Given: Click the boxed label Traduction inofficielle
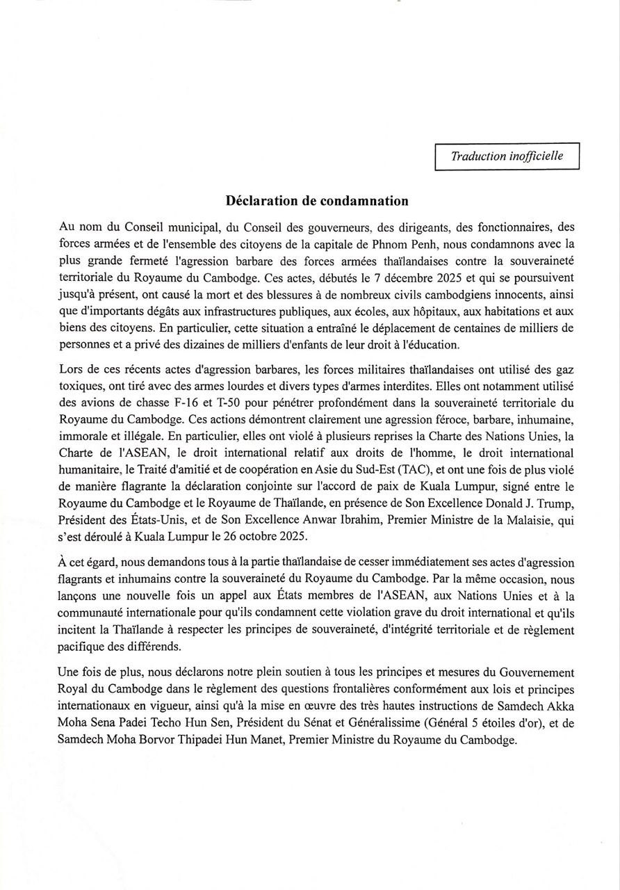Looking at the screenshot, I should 507,156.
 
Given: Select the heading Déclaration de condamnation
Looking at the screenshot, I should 317,201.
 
